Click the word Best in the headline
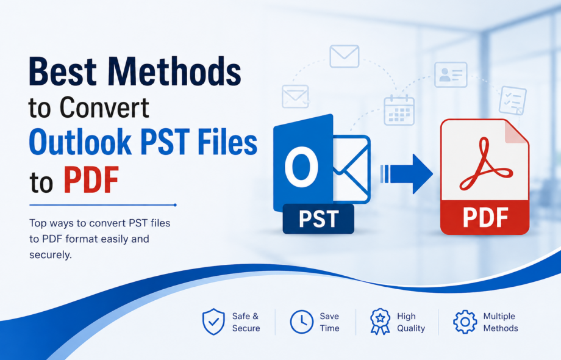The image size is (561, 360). point(63,71)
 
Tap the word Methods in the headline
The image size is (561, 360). point(174,71)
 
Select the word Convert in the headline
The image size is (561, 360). point(104,107)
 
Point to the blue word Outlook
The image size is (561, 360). point(80,142)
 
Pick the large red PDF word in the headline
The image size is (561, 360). point(91,180)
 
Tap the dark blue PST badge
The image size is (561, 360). point(318,218)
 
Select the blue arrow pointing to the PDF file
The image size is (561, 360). point(407,174)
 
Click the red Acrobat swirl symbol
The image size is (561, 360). point(485,164)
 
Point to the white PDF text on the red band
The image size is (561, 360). point(485,217)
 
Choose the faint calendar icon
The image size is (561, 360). point(399,110)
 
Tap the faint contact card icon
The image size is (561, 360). point(451,74)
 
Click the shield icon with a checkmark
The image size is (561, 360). point(213,322)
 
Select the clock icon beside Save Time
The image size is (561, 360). point(302,322)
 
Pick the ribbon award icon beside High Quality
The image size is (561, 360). point(381,322)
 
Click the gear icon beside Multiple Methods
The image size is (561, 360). point(465,322)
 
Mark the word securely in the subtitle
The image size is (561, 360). point(51,255)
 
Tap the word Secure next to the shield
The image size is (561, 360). point(246,328)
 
